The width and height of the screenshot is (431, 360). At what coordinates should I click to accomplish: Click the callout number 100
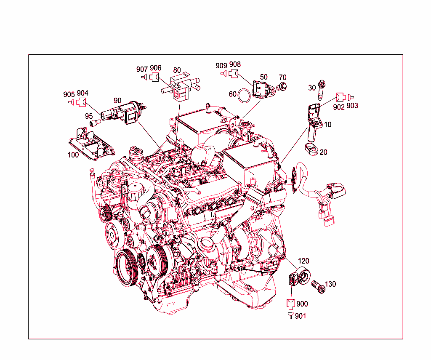point(73,155)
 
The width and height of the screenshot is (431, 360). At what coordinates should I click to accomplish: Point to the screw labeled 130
point(319,287)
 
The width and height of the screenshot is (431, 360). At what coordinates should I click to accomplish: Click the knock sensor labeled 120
point(299,276)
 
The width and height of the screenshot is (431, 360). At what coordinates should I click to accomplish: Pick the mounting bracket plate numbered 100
point(91,144)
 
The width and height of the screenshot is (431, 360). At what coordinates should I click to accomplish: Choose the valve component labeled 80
point(180,87)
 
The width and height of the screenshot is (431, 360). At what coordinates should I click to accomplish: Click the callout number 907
point(142,69)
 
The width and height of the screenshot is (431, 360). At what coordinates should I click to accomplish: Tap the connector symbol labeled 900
point(290,303)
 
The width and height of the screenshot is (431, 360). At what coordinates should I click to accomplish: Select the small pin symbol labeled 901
point(290,315)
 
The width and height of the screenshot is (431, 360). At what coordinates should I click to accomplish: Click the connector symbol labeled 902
point(340,97)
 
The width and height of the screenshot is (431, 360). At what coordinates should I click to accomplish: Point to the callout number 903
point(352,106)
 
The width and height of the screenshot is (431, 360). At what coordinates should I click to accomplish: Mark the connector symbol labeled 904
point(81,102)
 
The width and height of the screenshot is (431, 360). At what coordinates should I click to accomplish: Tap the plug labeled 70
point(282,86)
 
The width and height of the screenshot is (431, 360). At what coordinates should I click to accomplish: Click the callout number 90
point(117,100)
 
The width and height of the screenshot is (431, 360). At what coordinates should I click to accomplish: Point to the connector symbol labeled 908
point(233,74)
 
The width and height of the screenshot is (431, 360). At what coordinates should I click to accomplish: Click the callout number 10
point(327,125)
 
